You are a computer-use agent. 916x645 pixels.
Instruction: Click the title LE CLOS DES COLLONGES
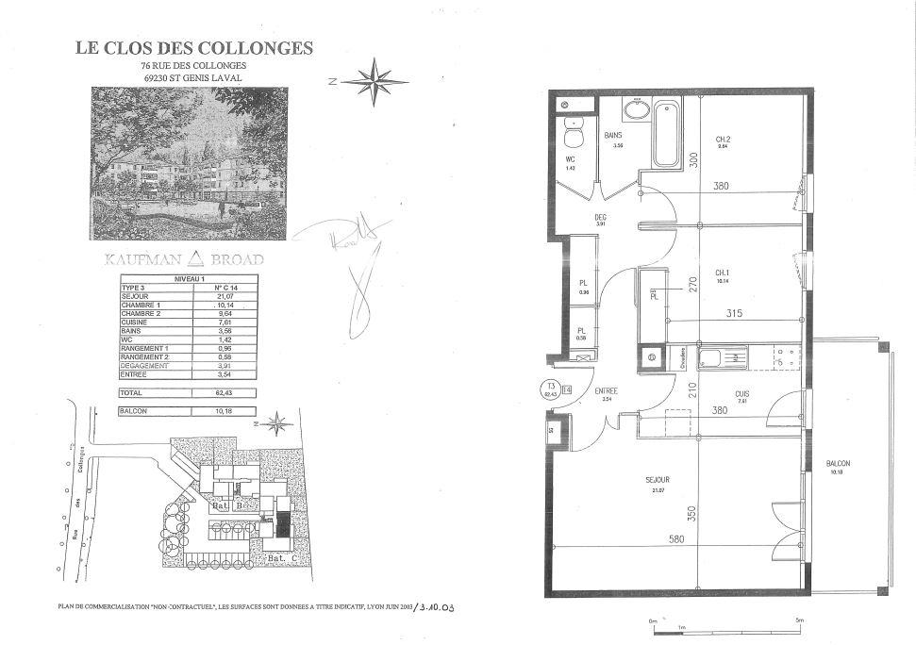(x=193, y=48)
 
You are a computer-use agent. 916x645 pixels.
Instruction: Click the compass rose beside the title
(x=375, y=81)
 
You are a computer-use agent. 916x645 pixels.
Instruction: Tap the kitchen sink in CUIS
(x=723, y=357)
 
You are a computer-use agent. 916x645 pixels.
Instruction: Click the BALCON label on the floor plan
(x=838, y=464)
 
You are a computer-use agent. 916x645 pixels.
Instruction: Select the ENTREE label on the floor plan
(x=607, y=390)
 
